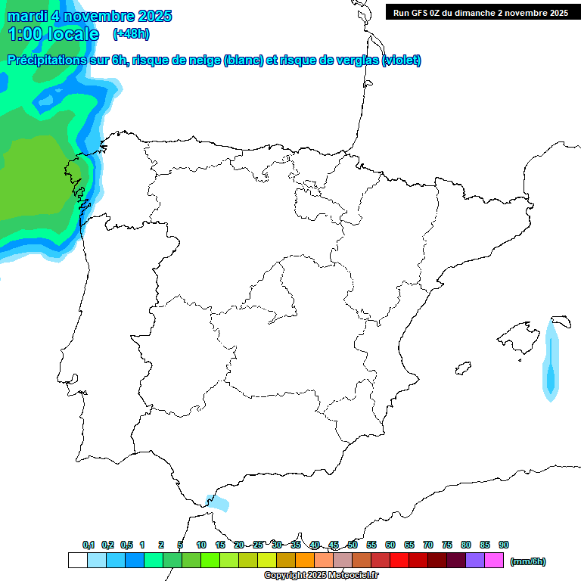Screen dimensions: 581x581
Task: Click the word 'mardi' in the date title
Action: click(27, 16)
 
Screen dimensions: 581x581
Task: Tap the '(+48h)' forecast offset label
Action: click(131, 34)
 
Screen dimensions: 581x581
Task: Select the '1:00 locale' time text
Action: click(53, 34)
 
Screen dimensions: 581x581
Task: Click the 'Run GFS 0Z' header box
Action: click(480, 13)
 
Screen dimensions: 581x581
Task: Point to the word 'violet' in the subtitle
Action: click(401, 61)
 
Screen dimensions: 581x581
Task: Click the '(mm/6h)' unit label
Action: click(527, 561)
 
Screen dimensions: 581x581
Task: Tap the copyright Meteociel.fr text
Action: click(322, 576)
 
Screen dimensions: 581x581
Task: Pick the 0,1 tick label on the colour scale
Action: click(89, 545)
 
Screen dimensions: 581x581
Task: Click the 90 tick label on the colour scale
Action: click(504, 545)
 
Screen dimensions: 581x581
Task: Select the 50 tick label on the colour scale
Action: click(353, 545)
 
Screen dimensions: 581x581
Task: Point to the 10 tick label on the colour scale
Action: click(201, 545)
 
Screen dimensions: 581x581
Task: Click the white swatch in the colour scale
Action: click(77, 561)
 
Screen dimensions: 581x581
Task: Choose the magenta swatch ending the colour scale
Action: click(494, 561)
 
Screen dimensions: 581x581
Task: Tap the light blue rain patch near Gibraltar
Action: click(219, 502)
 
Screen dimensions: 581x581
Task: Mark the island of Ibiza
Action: click(463, 368)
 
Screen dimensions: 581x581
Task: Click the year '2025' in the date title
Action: click(154, 16)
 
